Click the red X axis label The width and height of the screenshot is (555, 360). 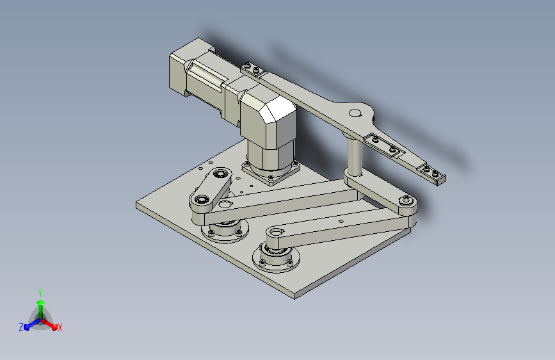[60, 328]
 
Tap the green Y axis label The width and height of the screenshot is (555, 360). [40, 293]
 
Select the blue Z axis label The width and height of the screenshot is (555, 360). [21, 327]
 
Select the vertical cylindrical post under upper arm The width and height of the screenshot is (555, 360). [354, 156]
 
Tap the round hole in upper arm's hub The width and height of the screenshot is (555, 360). [355, 113]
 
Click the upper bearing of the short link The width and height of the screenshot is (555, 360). [221, 174]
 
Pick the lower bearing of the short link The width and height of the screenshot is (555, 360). [202, 199]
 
